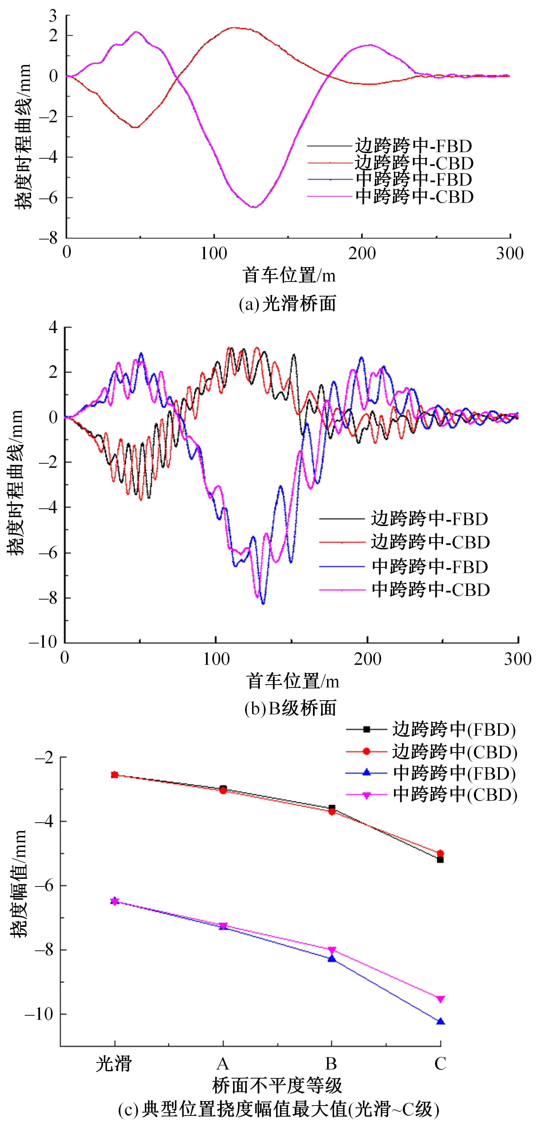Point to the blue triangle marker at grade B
(332, 958)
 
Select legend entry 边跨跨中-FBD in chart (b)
(429, 519)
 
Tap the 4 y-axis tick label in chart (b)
(53, 327)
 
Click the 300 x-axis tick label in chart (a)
(509, 253)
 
